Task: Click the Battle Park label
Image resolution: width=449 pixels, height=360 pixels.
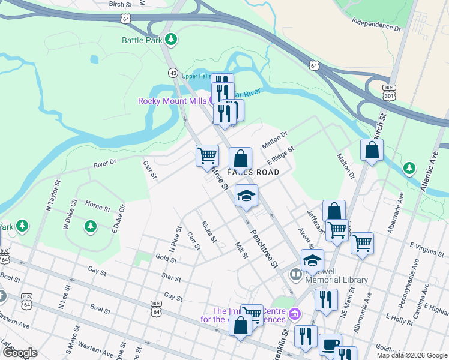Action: click(142, 40)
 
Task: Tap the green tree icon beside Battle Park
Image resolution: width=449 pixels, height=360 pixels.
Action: click(172, 40)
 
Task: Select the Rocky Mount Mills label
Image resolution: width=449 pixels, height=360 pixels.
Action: click(173, 101)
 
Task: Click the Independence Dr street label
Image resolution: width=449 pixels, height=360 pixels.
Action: click(376, 25)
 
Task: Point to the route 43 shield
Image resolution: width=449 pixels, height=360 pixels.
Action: click(173, 73)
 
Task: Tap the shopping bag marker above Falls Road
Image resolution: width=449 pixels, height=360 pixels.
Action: click(240, 159)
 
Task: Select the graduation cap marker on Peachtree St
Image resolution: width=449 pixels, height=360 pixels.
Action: click(246, 195)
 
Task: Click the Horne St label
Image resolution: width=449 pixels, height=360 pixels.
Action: click(97, 208)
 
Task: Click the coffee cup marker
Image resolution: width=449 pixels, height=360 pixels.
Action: click(330, 344)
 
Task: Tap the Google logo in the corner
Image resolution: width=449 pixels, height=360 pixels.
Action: click(20, 353)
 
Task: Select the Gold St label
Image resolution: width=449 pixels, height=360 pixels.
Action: click(165, 259)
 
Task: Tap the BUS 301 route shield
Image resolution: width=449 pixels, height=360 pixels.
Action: click(390, 91)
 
